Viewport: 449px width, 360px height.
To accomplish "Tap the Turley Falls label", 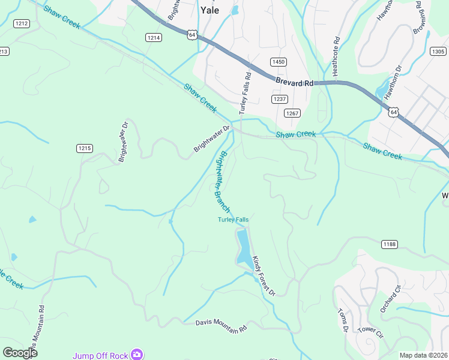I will point(233,220).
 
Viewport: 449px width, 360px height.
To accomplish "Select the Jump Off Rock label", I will point(100,355).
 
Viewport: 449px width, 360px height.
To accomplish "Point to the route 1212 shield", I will point(22,23).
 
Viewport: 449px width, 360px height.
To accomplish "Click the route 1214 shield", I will point(154,37).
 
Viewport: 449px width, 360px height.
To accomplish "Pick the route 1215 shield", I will point(85,148).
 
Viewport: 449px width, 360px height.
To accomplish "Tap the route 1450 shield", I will point(279,62).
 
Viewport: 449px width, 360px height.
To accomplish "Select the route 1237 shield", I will point(280,99).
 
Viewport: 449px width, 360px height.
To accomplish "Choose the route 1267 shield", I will point(292,113).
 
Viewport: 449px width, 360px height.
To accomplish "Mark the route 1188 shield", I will point(389,244).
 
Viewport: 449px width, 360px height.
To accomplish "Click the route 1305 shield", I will point(438,52).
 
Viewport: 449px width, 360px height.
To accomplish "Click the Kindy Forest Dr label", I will point(263,276).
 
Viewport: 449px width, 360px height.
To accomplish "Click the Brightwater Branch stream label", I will point(221,180).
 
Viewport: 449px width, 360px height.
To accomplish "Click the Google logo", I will point(20,352).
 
